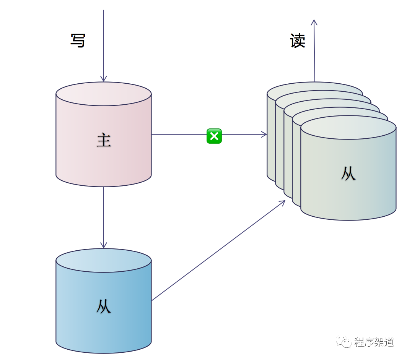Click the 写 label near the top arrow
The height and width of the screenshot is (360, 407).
78,41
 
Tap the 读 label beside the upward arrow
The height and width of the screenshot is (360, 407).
298,41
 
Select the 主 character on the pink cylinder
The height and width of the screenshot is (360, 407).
104,141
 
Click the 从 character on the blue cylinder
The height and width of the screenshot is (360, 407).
104,306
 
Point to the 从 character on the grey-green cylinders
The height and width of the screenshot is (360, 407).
348,174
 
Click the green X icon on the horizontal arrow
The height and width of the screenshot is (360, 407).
214,136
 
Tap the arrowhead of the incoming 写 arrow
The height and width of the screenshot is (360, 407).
103,78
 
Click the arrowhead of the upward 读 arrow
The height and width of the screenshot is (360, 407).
314,22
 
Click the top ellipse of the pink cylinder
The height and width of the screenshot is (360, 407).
104,94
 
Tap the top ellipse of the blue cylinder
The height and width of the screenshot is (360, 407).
104,260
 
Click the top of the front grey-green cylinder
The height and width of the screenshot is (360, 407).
348,127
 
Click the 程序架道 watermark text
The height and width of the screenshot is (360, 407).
374,342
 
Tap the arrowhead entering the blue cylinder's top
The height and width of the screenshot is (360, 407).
103,245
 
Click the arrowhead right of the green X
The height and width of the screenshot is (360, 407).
264,134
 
